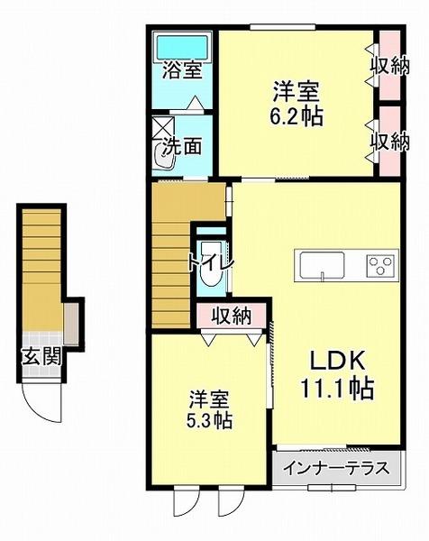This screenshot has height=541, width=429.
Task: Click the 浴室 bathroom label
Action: (x=181, y=70)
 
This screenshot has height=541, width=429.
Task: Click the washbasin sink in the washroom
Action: (x=167, y=157)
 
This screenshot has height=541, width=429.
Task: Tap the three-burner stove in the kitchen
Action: (x=379, y=265)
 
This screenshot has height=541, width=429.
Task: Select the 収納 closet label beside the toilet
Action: (x=232, y=316)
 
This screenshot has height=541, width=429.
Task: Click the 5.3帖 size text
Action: (x=209, y=420)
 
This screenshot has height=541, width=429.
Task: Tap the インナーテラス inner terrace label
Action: (x=334, y=469)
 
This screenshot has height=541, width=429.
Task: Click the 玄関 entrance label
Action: (x=41, y=355)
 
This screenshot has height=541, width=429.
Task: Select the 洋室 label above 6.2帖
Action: (x=297, y=92)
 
